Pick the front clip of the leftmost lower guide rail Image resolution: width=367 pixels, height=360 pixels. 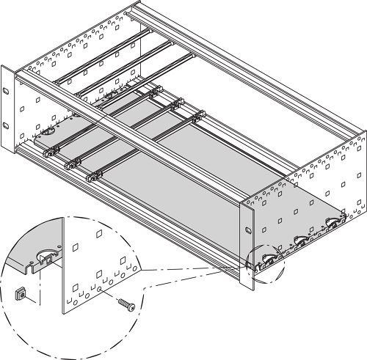pos(50,150)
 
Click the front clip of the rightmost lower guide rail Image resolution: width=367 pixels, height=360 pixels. pos(94,177)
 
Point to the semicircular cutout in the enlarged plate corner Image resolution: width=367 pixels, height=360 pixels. pos(46,257)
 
